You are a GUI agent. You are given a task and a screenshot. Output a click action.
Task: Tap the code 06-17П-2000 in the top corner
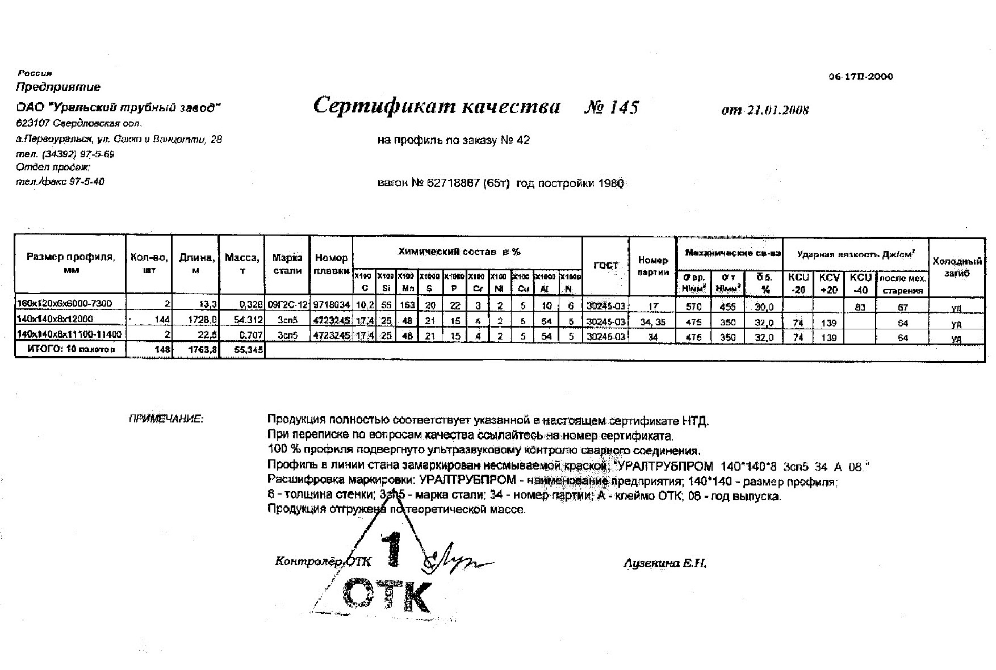[x=860, y=77]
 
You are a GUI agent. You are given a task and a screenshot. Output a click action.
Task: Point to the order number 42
[x=523, y=140]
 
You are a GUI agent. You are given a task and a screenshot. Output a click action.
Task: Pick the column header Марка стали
[x=287, y=264]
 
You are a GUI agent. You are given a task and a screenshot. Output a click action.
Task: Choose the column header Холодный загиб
[x=957, y=267]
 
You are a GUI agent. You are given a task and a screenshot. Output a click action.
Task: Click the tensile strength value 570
[x=694, y=307]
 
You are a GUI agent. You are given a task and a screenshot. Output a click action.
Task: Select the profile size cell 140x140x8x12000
[x=55, y=319]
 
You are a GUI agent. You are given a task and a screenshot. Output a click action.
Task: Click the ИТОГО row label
[x=71, y=350]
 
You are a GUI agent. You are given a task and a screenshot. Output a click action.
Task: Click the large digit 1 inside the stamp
[x=394, y=549]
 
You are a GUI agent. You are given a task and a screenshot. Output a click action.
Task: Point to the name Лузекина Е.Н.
[x=664, y=564]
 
